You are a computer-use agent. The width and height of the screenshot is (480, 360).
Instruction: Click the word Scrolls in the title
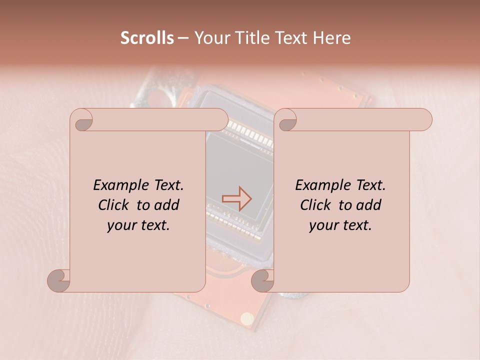click(x=147, y=38)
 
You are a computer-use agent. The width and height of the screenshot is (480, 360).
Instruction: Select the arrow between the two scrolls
click(x=237, y=198)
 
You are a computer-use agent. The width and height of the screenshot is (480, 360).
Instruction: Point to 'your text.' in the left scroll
click(x=138, y=225)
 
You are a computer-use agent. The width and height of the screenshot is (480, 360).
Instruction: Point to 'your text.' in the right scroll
click(x=340, y=225)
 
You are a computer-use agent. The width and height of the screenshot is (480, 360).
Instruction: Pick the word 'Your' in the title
click(x=210, y=38)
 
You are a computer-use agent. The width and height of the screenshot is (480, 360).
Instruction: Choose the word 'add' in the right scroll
click(x=369, y=205)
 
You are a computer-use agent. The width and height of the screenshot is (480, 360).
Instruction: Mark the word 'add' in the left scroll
click(x=167, y=205)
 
